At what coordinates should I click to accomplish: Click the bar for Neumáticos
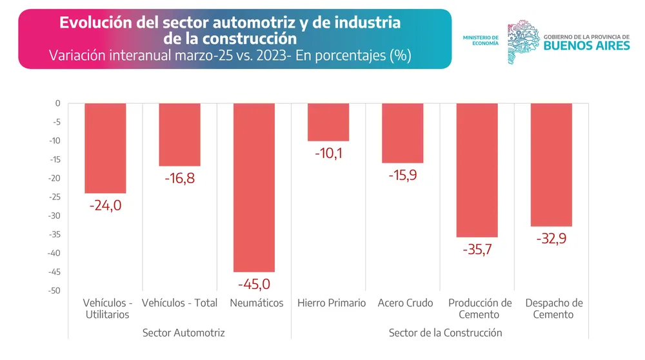click(x=254, y=187)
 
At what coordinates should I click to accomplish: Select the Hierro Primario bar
click(x=328, y=122)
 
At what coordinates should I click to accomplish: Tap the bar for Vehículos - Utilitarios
click(x=105, y=148)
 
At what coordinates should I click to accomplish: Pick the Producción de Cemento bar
click(x=477, y=170)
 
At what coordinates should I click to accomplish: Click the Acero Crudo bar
click(x=402, y=133)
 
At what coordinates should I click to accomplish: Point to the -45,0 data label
click(x=254, y=284)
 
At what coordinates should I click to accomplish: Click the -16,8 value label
click(x=179, y=178)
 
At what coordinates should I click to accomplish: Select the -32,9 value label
click(x=551, y=239)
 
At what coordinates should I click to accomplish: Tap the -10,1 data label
click(x=328, y=154)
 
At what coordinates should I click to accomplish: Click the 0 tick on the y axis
click(x=57, y=103)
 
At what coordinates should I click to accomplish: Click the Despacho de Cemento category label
click(x=553, y=308)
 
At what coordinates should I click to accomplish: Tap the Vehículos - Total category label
click(x=179, y=303)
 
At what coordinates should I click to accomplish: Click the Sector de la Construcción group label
click(x=445, y=333)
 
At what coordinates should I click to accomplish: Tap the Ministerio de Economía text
click(x=481, y=40)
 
